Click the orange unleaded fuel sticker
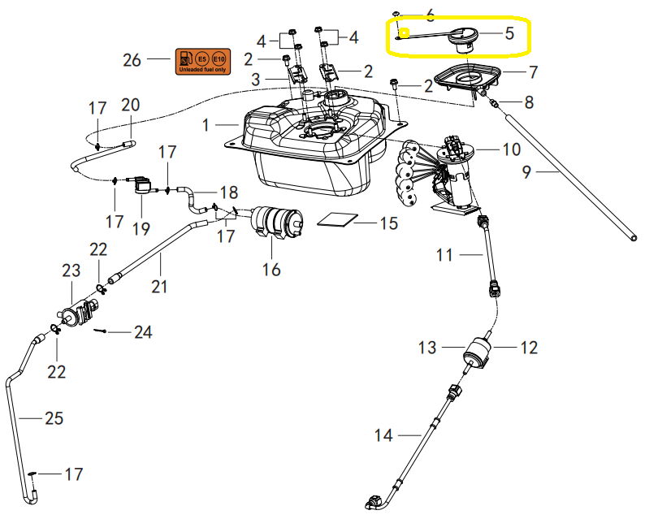point(202,61)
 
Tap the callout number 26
point(132,60)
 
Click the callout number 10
point(510,149)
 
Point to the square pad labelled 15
point(337,219)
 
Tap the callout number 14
point(383,436)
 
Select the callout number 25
point(53,418)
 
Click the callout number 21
point(159,285)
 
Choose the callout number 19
point(141,228)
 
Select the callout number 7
point(532,72)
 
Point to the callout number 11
point(444,255)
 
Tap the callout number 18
point(228,192)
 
